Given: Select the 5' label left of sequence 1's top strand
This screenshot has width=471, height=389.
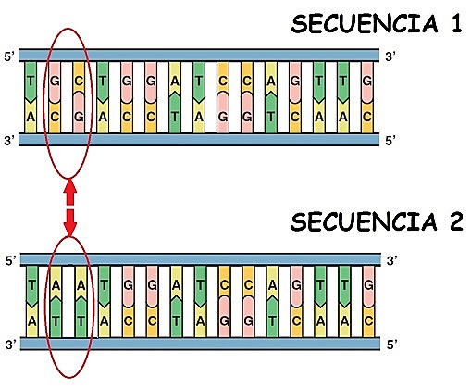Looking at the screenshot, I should pos(10,57).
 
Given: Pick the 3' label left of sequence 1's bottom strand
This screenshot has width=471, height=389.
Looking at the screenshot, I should pos(10,141).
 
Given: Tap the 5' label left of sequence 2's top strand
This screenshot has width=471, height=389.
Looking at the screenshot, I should pos(10,261).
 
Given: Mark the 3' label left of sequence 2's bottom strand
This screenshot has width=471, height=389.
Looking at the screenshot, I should pos(10,345).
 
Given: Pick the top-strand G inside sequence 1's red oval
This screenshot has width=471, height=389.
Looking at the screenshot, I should pos(56,81).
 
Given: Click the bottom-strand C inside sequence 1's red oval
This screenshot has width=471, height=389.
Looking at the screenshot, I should pos(56,117).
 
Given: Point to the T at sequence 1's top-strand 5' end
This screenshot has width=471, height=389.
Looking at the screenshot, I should pos(32,81).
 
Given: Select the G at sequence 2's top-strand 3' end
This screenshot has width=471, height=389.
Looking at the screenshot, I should pos(368,285).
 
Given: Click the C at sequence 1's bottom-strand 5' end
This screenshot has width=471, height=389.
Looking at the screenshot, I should pos(368,117).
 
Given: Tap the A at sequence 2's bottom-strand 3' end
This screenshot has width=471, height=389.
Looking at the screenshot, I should pos(32,320).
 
